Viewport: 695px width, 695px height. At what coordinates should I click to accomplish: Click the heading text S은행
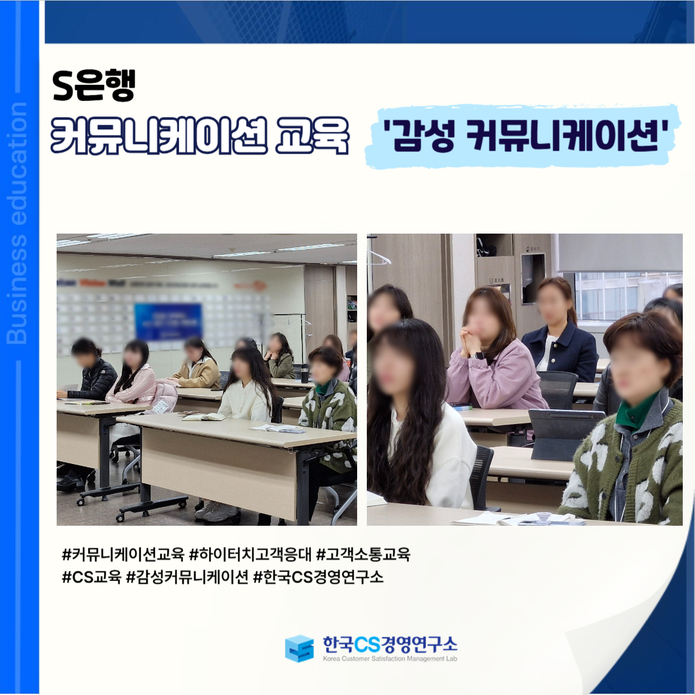[x=93, y=86]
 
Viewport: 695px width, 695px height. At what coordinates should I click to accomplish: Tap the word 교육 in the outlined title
[x=312, y=136]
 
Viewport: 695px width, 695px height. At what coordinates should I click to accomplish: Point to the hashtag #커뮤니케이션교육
[x=123, y=554]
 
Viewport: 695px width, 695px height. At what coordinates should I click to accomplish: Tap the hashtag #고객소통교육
[x=363, y=554]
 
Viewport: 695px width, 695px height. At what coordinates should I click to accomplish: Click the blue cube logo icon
[x=299, y=649]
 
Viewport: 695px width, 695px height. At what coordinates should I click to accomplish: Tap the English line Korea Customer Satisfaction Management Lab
[x=390, y=659]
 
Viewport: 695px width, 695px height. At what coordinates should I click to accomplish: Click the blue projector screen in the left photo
[x=168, y=322]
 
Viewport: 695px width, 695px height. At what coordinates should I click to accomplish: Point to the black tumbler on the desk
[x=304, y=374]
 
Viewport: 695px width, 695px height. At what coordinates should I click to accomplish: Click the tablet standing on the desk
[x=564, y=434]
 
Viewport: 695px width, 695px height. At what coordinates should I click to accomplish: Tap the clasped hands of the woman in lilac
[x=470, y=341]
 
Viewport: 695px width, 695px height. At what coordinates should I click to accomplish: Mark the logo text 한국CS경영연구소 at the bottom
[x=390, y=644]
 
